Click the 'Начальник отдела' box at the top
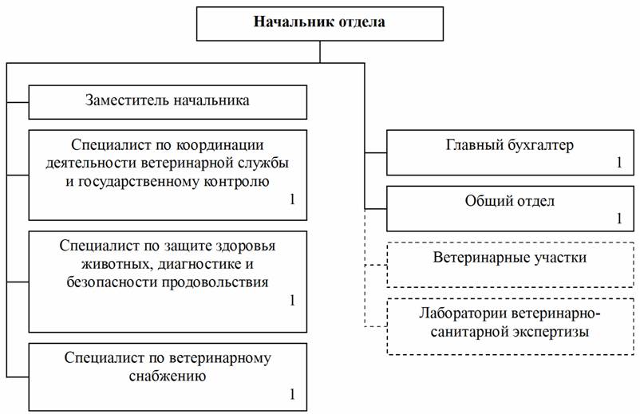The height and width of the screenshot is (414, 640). tap(319, 24)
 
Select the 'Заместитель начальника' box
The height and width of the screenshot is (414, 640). tap(168, 102)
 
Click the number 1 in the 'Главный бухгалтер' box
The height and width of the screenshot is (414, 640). tap(619, 163)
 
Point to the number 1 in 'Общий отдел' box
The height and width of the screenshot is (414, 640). tap(619, 219)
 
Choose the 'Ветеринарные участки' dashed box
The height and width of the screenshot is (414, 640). tap(510, 265)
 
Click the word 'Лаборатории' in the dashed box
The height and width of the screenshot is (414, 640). tap(463, 313)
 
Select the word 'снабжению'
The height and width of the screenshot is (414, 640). tap(168, 376)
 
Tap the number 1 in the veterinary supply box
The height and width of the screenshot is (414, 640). tap(292, 394)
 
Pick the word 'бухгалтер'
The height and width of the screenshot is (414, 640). tap(541, 145)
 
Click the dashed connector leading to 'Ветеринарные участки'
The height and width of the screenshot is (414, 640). tap(376, 265)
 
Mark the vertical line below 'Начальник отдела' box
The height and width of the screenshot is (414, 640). tap(320, 52)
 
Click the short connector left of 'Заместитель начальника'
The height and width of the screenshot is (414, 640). tap(18, 102)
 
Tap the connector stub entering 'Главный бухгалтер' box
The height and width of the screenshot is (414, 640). tap(376, 153)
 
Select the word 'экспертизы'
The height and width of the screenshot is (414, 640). tap(551, 332)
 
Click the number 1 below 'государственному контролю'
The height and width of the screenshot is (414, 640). tap(292, 199)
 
